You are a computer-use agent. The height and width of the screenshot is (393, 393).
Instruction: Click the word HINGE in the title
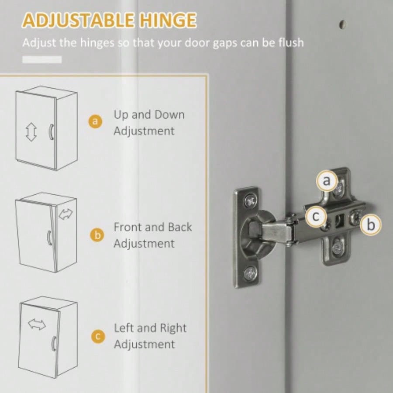coord(168,21)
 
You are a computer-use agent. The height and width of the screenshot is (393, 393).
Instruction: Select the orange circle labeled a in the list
coord(96,121)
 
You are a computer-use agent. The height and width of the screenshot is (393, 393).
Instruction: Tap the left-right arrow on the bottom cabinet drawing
coord(37,324)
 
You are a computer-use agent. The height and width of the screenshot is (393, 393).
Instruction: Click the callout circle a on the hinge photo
coord(327,180)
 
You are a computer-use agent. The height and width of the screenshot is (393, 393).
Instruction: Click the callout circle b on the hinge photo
coord(371,224)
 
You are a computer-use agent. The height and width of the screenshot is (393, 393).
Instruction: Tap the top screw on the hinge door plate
coord(251,200)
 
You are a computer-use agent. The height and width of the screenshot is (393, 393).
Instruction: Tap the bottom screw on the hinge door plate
coord(251,273)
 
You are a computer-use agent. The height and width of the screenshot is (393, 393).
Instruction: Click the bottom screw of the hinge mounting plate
coord(336,248)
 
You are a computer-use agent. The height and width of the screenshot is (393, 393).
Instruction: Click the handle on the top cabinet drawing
coord(52,132)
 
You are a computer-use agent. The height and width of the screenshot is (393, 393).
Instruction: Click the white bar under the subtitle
coord(42,59)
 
